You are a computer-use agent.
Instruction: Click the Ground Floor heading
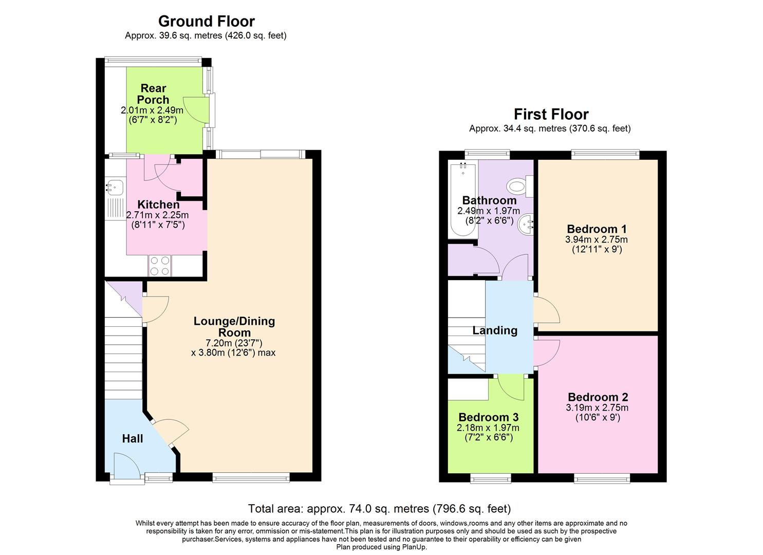(206, 21)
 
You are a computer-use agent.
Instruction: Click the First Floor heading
(551, 114)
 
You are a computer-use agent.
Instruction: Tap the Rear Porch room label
(153, 94)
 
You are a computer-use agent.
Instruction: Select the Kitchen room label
(158, 205)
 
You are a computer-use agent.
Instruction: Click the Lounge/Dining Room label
(234, 327)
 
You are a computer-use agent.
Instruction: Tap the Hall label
(133, 438)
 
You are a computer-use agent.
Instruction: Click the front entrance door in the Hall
(125, 467)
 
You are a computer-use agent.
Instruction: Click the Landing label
(495, 330)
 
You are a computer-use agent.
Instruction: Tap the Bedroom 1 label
(597, 229)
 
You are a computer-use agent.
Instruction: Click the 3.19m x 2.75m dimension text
(598, 408)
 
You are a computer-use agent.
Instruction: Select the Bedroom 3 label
(488, 417)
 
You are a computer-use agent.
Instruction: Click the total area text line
(380, 509)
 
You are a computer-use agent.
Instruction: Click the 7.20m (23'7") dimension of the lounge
(234, 343)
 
